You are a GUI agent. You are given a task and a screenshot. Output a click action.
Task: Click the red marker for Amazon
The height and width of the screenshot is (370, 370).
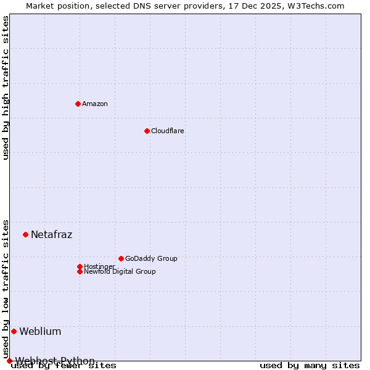[78, 104]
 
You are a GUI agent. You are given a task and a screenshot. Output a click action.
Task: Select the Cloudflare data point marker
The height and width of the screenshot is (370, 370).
[147, 131]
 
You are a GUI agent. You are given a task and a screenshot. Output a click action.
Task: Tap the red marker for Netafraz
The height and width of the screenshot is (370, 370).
[25, 234]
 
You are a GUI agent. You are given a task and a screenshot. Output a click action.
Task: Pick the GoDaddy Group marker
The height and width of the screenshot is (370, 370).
[121, 258]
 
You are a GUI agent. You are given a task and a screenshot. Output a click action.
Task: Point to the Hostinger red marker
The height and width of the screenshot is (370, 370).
[80, 266]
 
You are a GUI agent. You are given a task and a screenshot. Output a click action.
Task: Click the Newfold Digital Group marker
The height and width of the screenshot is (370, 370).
[80, 271]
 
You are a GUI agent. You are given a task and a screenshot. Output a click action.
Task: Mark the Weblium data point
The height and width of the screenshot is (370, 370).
[14, 331]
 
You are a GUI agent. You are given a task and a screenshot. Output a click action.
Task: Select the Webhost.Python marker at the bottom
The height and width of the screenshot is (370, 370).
[9, 361]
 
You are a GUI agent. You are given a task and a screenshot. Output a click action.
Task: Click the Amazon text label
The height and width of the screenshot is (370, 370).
[95, 104]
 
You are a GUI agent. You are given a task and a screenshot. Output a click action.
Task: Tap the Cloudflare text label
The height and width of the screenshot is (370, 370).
[168, 131]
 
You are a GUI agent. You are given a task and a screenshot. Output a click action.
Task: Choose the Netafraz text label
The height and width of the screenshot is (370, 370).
[52, 234]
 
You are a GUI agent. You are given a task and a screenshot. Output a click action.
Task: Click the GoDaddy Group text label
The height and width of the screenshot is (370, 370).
[151, 258]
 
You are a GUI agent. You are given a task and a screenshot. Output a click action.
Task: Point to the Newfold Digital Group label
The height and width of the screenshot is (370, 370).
[120, 271]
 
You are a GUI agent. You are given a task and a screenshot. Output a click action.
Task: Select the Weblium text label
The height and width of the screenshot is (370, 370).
[40, 331]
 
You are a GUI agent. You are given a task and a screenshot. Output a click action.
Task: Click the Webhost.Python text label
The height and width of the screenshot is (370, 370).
[55, 361]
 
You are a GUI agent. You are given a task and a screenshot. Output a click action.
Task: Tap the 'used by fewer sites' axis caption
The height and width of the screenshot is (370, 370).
[64, 366]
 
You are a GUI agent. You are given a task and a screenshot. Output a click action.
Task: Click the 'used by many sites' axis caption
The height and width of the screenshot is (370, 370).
[310, 366]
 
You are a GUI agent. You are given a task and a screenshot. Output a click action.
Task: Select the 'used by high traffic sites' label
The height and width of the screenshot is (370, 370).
[6, 88]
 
